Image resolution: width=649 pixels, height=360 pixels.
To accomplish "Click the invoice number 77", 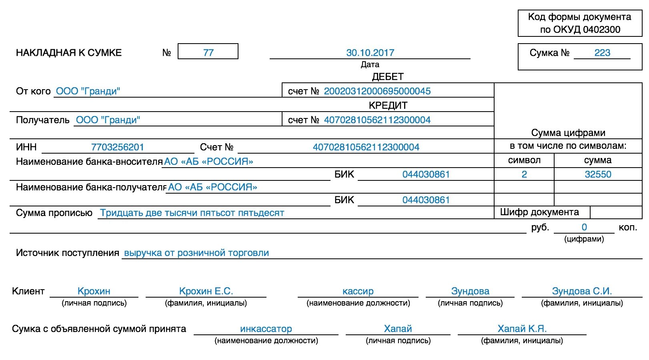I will [x=208, y=53].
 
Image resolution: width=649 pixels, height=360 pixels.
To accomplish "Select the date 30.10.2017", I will [x=370, y=53].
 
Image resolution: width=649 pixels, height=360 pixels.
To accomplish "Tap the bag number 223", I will [x=602, y=53].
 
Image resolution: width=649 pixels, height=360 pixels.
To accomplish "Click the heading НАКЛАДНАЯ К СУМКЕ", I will [x=69, y=53].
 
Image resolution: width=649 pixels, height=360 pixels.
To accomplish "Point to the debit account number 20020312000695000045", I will [x=377, y=91].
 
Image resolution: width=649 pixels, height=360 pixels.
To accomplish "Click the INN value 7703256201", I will [x=117, y=147].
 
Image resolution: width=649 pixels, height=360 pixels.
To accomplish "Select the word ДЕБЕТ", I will [x=388, y=77].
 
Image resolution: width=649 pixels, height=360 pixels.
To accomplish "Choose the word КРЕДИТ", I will [x=388, y=106].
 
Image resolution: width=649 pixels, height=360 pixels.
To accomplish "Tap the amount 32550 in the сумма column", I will [x=598, y=174].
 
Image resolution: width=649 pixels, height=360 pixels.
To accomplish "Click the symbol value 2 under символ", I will [x=524, y=174].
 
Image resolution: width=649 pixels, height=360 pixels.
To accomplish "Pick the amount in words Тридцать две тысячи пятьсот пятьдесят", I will [x=192, y=213].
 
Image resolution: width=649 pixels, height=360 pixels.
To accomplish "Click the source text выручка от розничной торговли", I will [x=196, y=253].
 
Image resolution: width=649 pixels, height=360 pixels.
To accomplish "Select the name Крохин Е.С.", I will [x=206, y=291].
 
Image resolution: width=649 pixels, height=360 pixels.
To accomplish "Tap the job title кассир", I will [x=358, y=291].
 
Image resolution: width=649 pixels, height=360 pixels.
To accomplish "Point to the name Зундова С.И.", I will [x=582, y=291].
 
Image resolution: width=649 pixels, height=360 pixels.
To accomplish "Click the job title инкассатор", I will [x=266, y=329].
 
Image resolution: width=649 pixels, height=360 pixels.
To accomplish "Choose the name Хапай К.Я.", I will [x=522, y=329].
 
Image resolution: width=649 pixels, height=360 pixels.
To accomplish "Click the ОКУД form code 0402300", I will [x=601, y=30].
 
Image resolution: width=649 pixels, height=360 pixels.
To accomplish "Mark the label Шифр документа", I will [x=539, y=212].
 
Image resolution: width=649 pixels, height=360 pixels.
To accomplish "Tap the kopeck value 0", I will [x=584, y=227].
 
